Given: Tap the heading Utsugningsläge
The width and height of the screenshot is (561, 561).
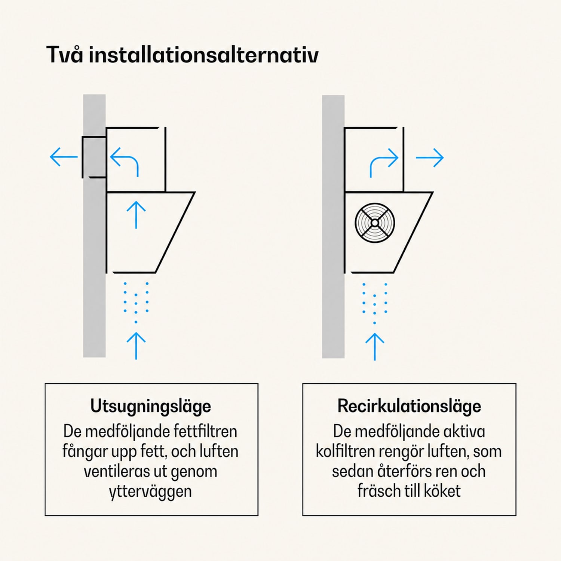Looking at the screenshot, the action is coord(151,407).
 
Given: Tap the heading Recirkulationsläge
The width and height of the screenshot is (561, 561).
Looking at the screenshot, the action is coord(409,406).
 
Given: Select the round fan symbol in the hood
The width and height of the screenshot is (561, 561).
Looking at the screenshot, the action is coord(375,223).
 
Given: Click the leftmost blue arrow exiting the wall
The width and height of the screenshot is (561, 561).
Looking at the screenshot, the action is coord(64,157).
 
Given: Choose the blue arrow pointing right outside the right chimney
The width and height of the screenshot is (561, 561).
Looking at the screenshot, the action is coord(430,157).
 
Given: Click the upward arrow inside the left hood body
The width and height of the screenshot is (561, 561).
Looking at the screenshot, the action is coord(136,215).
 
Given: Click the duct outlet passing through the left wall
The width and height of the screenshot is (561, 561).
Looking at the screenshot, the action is coord(94,157).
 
